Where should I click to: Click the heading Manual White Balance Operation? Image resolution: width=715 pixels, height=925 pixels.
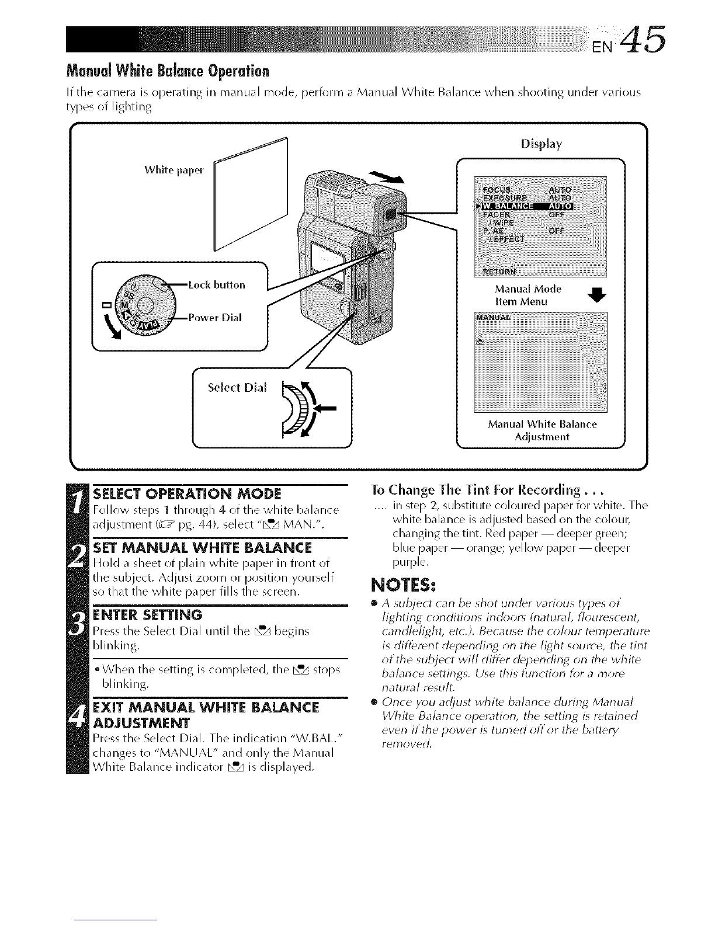pos(168,72)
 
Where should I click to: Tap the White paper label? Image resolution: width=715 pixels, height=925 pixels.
pos(173,170)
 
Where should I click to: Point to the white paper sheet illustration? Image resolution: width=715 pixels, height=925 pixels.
pos(251,193)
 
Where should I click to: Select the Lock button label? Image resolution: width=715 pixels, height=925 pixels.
pos(217,285)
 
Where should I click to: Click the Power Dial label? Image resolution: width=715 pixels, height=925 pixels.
pos(215,318)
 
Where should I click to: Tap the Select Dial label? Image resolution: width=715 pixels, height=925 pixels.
pos(237,387)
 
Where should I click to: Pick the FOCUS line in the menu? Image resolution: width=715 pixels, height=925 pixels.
pos(497,189)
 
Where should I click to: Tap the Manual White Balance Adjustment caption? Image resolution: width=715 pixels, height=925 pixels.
pos(542,430)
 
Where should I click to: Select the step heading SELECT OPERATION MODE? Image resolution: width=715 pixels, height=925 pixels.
pos(187,493)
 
